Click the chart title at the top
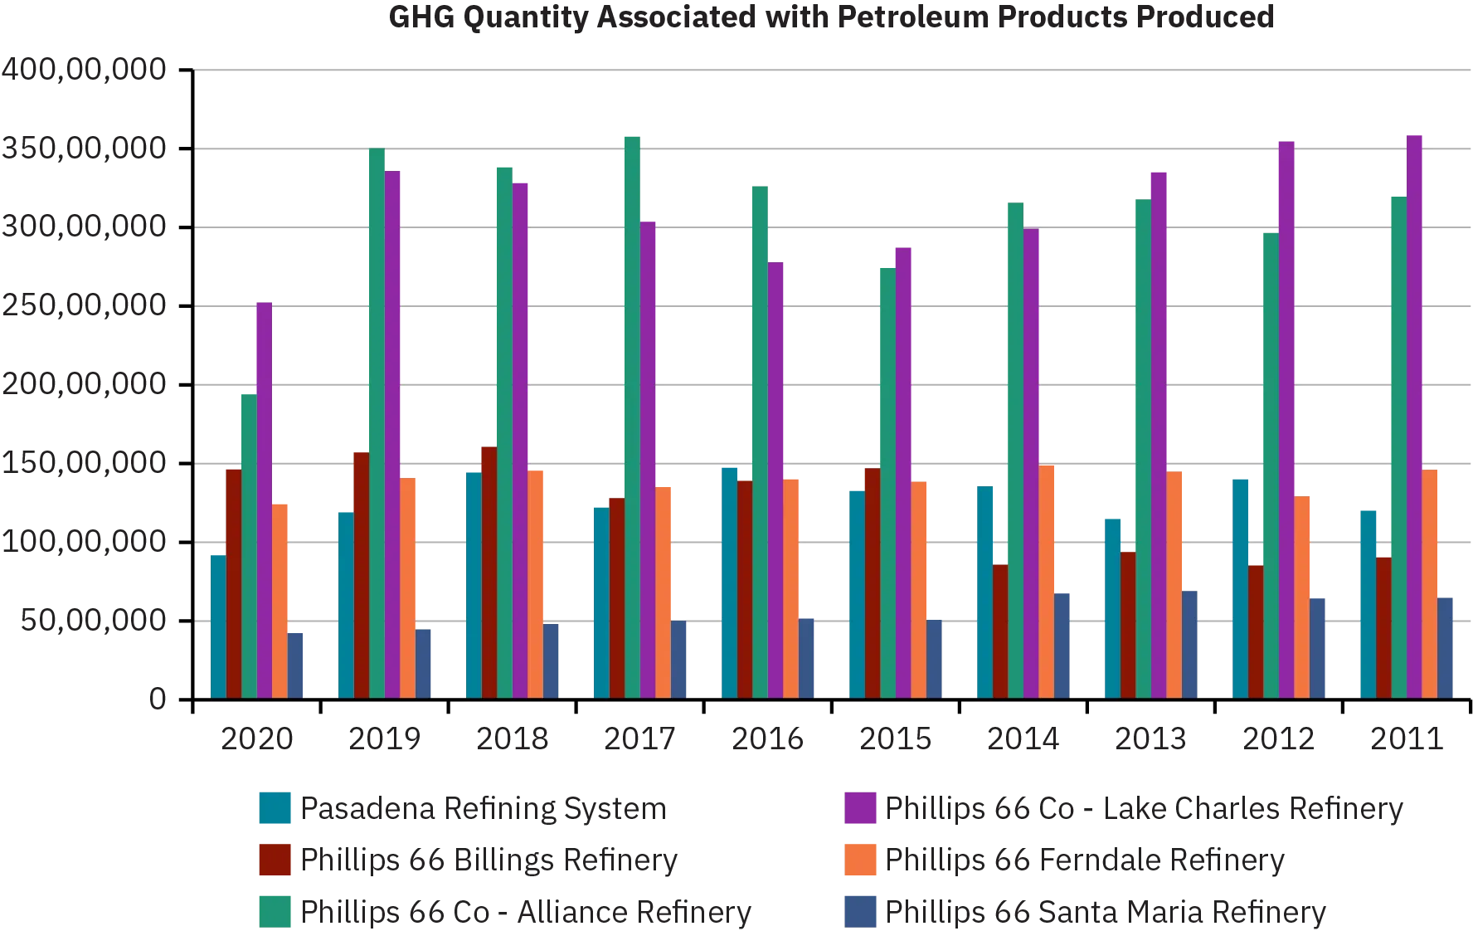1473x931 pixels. click(829, 18)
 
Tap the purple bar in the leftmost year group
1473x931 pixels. click(263, 498)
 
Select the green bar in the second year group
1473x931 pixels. click(376, 423)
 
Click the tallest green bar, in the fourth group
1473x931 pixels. click(633, 415)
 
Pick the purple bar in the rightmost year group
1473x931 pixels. click(1416, 415)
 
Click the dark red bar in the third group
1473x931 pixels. click(488, 573)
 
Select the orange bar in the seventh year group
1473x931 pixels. click(1047, 581)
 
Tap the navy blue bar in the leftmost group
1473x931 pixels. click(296, 665)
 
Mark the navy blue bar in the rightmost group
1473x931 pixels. click(1445, 647)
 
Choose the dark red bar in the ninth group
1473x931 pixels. click(1257, 631)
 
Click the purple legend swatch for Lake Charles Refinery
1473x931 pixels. click(859, 809)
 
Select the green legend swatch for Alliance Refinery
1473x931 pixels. click(275, 910)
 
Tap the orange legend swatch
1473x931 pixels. click(859, 860)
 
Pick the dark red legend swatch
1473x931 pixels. click(275, 860)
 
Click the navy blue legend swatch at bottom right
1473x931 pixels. click(859, 910)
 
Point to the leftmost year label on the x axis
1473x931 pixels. click(256, 738)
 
